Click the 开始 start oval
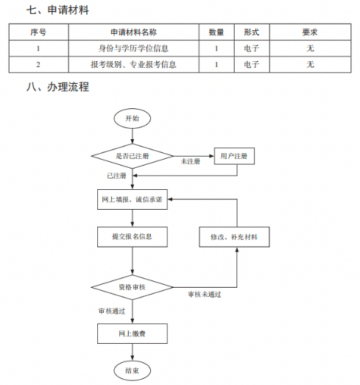132,119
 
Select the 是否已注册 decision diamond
132,156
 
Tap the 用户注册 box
234,156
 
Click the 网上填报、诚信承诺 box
133,199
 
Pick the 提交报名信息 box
133,237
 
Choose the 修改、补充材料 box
234,237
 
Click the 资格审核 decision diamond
132,287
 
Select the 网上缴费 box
133,333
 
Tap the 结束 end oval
132,370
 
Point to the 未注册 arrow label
191,161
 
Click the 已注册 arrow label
116,176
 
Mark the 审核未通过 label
205,294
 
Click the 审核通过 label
112,311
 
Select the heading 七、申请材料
57,10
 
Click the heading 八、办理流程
57,87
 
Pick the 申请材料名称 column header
134,32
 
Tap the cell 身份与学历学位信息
133,49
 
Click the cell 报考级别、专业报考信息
133,65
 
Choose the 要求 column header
310,32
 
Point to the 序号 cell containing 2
38,65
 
